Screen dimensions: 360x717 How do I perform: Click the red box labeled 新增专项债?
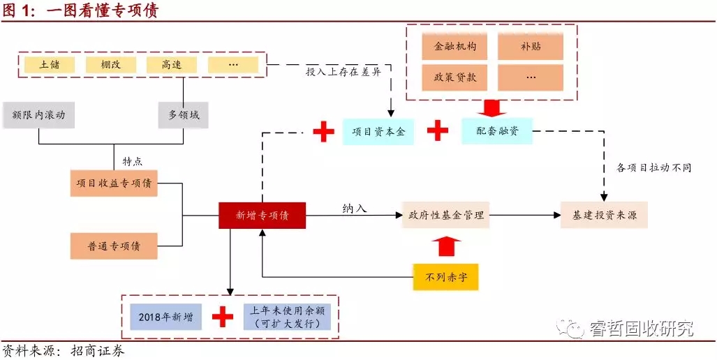point(262,216)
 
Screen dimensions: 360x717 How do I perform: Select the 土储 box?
point(50,65)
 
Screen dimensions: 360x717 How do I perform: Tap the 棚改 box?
point(110,65)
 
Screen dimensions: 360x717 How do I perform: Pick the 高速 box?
point(172,65)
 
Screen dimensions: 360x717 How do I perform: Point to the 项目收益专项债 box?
point(114,183)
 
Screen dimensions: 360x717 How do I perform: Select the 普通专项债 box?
point(114,246)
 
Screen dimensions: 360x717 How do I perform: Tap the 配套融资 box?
point(496,130)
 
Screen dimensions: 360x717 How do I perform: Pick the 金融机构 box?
point(455,47)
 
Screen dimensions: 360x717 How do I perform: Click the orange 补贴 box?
point(530,47)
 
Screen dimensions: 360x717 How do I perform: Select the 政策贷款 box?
point(455,77)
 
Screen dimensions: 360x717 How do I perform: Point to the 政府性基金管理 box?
point(446,215)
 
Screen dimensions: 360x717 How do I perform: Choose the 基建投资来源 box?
point(605,215)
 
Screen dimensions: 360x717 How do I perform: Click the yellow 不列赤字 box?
point(445,277)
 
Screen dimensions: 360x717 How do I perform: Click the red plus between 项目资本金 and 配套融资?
point(438,130)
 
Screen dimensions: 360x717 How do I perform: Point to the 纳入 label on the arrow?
point(355,208)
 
